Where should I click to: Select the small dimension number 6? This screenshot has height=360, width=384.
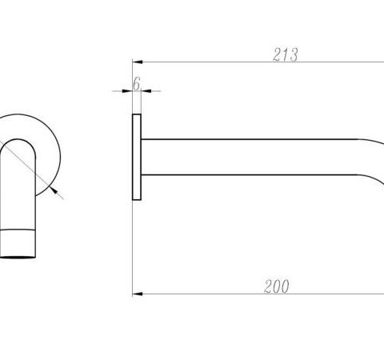137,83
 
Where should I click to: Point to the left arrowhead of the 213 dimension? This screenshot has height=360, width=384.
138,62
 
